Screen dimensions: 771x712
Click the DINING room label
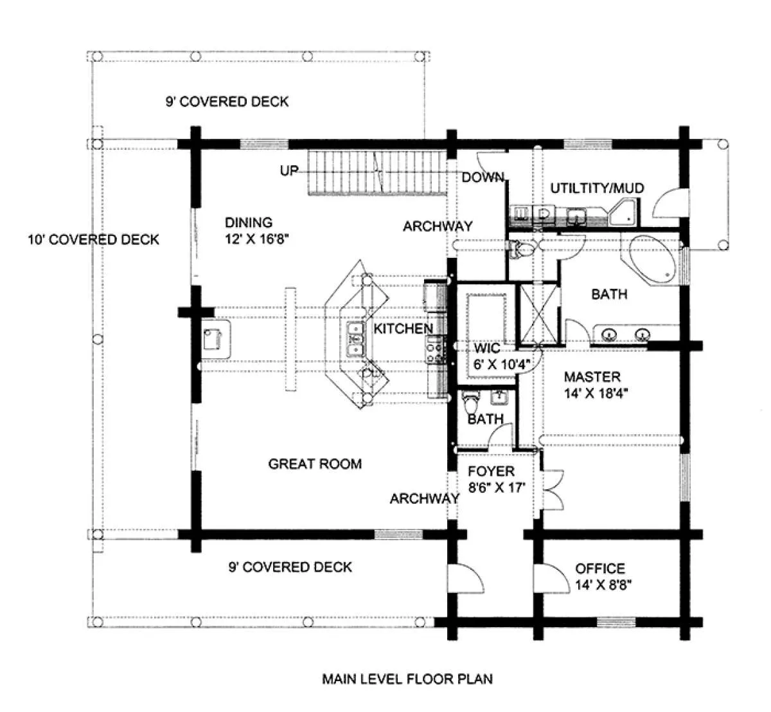pyautogui.click(x=249, y=223)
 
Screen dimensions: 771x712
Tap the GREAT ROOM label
pyautogui.click(x=315, y=464)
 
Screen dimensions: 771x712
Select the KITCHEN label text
pyautogui.click(x=403, y=329)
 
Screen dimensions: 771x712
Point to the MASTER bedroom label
pyautogui.click(x=592, y=377)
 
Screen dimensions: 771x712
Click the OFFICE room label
pyautogui.click(x=600, y=569)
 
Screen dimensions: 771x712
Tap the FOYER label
pyautogui.click(x=491, y=471)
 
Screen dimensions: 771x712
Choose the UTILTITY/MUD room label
pyautogui.click(x=597, y=188)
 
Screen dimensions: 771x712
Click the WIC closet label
pyautogui.click(x=487, y=348)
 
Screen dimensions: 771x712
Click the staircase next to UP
pyautogui.click(x=377, y=172)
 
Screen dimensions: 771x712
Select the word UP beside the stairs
pyautogui.click(x=289, y=170)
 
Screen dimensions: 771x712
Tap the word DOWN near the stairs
pyautogui.click(x=483, y=178)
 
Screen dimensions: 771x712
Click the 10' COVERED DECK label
pyautogui.click(x=94, y=239)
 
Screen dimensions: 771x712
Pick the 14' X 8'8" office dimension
pyautogui.click(x=603, y=585)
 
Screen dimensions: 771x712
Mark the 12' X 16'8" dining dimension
pyautogui.click(x=256, y=239)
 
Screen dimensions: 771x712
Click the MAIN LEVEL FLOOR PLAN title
pyautogui.click(x=407, y=679)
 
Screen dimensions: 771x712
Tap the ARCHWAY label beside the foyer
pyautogui.click(x=424, y=498)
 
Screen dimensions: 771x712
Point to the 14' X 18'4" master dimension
pyautogui.click(x=596, y=394)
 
